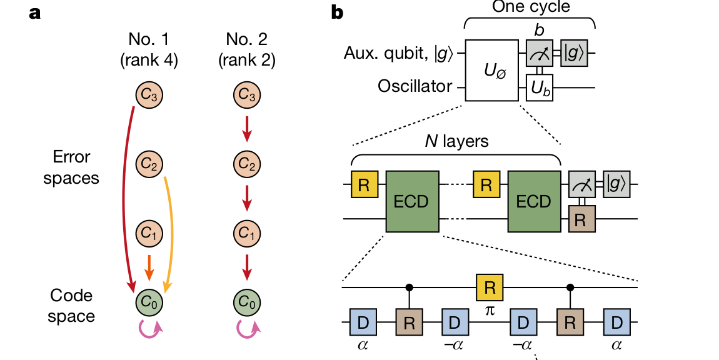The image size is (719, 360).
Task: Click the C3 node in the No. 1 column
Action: click(149, 94)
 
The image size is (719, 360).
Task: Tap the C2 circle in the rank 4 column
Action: click(149, 164)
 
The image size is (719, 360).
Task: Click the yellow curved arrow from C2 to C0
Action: click(171, 231)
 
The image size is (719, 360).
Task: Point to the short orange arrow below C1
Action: click(149, 267)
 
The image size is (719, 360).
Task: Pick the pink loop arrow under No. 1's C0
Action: click(149, 329)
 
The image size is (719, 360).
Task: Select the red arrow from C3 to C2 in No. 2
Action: click(247, 129)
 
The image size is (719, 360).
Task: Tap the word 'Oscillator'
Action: click(415, 86)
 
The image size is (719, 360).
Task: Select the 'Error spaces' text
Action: click(71, 167)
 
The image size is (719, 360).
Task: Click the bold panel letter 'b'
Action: click(337, 12)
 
